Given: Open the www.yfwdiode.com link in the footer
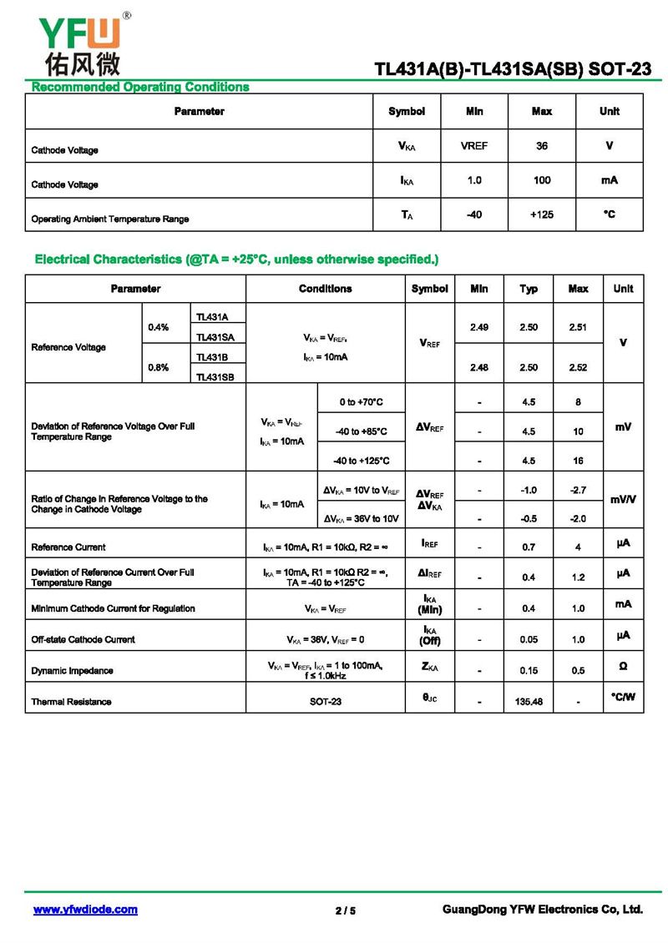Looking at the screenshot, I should click(x=85, y=910).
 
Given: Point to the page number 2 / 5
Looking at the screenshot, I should click(x=346, y=910).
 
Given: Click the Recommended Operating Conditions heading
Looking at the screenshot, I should click(x=140, y=87).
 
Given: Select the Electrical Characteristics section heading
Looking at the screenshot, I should click(x=236, y=260).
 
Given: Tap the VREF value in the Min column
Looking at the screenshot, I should click(x=474, y=146).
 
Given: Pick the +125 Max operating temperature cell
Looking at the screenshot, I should click(x=542, y=214).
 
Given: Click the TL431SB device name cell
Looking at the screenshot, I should click(x=215, y=377).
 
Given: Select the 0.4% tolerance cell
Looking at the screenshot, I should click(x=159, y=327).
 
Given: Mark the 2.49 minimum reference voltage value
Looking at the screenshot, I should click(x=479, y=327).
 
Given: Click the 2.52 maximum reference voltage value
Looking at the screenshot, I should click(x=578, y=367).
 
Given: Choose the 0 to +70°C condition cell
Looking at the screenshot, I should click(x=361, y=402).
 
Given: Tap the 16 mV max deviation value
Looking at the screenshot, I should click(x=578, y=460).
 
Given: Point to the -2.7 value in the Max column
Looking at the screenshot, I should click(x=578, y=490).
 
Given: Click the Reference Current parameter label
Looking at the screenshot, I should click(x=68, y=547).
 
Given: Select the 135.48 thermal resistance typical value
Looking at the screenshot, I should click(x=529, y=702).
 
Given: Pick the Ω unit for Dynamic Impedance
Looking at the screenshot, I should click(x=623, y=667).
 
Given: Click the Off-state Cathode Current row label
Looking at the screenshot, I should click(x=83, y=639).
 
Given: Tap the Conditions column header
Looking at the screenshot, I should click(x=326, y=289).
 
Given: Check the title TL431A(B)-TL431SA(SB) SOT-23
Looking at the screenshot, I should click(x=513, y=70).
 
